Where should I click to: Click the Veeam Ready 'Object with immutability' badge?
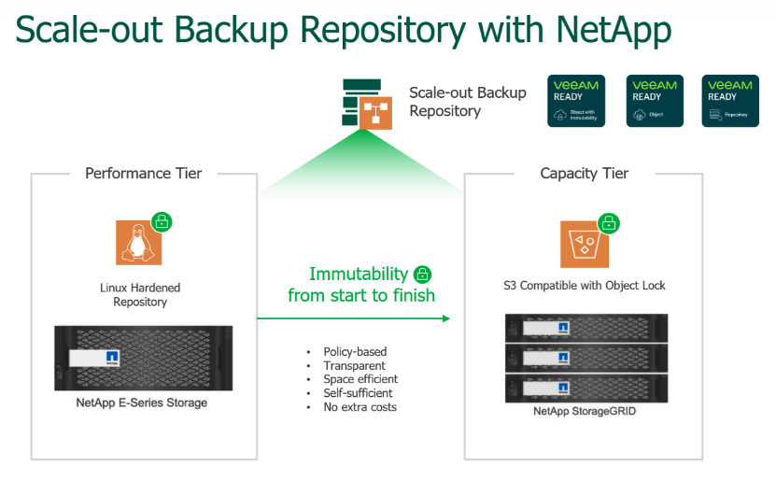[576, 101]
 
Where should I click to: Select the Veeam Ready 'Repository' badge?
[730, 101]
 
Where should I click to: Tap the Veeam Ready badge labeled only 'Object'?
[654, 101]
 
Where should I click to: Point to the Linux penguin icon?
[137, 242]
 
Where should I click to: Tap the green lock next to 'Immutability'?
[422, 275]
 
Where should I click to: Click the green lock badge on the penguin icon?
[162, 222]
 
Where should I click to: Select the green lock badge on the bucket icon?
[608, 223]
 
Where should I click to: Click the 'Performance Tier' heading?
[143, 174]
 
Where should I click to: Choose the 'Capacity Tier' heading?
[585, 174]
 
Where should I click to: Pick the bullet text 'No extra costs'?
[360, 407]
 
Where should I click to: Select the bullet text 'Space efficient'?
[360, 379]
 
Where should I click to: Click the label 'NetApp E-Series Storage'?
[142, 402]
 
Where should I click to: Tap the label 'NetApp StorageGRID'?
[586, 411]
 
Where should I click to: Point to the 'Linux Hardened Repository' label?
[140, 294]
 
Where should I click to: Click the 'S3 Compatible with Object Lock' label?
[585, 285]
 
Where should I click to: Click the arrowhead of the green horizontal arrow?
[445, 318]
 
